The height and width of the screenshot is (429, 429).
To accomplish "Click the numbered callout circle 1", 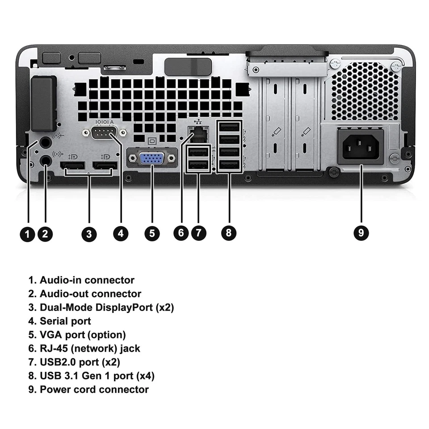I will (x=28, y=233).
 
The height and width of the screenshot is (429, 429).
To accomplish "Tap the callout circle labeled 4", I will (x=121, y=233).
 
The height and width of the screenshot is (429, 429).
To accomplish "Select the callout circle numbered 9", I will (x=361, y=233).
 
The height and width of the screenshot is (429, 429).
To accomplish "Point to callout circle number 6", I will (x=181, y=233).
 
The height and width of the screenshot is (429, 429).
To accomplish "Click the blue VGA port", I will (x=151, y=160).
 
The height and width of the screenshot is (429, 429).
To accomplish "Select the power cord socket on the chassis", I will (x=361, y=146).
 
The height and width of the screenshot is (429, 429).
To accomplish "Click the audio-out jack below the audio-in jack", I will (x=45, y=160).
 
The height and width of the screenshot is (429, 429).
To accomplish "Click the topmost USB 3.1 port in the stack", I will (x=229, y=128).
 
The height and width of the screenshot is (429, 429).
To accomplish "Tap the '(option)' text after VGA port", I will (x=107, y=335).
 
